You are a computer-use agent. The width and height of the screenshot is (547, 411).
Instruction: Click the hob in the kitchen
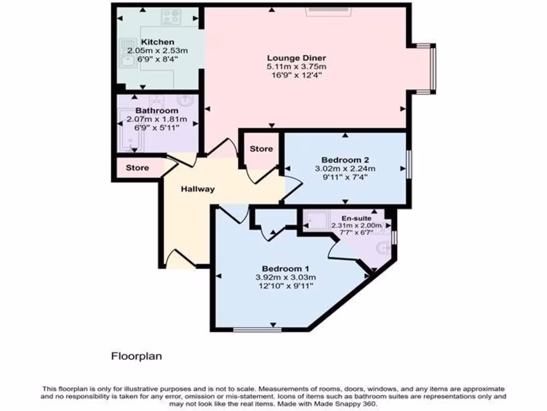pyautogui.click(x=171, y=17)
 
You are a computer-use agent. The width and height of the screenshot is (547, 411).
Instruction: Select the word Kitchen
pyautogui.click(x=158, y=42)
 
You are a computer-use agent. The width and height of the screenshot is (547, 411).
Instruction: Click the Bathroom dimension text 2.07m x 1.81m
pyautogui.click(x=157, y=119)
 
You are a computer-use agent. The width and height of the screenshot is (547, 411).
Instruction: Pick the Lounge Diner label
pyautogui.click(x=296, y=58)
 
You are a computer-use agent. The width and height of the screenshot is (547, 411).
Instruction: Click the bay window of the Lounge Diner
pyautogui.click(x=433, y=68)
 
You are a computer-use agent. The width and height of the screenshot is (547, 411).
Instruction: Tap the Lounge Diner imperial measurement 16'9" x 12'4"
pyautogui.click(x=296, y=75)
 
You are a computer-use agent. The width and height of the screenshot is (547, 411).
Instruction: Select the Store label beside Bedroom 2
pyautogui.click(x=261, y=149)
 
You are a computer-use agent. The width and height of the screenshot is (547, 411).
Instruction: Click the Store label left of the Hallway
pyautogui.click(x=137, y=168)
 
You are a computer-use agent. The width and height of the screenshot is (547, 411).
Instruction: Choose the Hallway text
pyautogui.click(x=197, y=189)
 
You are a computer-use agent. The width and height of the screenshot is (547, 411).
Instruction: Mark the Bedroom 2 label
pyautogui.click(x=345, y=159)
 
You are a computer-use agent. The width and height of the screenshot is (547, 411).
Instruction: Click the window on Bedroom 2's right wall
pyautogui.click(x=409, y=164)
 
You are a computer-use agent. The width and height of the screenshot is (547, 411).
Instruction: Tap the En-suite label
pyautogui.click(x=357, y=218)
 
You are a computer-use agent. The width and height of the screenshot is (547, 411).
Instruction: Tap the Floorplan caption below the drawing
pyautogui.click(x=136, y=356)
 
